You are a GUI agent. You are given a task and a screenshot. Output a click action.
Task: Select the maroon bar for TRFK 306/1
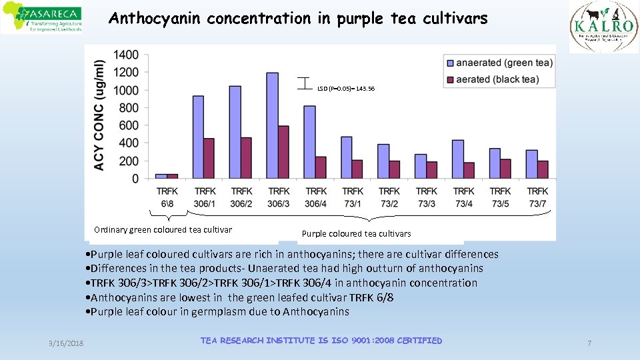tap(209, 159)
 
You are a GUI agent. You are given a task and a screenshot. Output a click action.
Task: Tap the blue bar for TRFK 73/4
tap(458, 159)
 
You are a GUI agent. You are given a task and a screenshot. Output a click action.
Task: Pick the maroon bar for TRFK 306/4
tap(321, 167)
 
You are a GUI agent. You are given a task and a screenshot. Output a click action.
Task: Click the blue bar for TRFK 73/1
tap(347, 157)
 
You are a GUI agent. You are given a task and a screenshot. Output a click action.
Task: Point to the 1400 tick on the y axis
tap(127, 55)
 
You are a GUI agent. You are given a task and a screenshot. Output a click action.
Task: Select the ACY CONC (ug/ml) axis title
tap(99, 115)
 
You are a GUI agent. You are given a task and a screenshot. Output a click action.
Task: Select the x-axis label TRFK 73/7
tap(537, 197)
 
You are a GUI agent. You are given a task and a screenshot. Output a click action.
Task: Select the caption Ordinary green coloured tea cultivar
tap(163, 230)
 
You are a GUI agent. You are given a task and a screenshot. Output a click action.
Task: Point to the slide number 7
tap(589, 342)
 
